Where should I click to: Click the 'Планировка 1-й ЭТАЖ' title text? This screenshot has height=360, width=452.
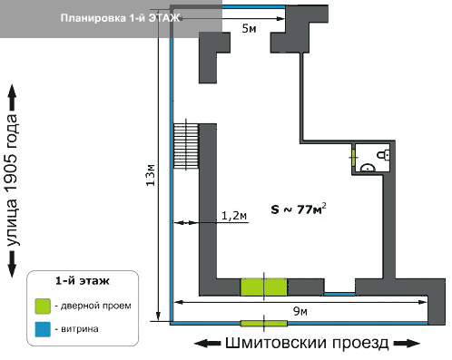coord(120,18)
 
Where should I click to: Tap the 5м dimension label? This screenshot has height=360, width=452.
coord(249,28)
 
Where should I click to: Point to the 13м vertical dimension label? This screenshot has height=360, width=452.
coord(151,175)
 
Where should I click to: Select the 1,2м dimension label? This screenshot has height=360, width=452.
coord(234,216)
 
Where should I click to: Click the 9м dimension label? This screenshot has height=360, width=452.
coord(300,311)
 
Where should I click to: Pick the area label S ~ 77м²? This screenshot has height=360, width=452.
coord(299,209)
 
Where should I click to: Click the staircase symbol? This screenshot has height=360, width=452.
coord(186,146)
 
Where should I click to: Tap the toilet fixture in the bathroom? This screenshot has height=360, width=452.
coord(383,155)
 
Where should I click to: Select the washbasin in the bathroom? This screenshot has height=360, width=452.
coord(368,168)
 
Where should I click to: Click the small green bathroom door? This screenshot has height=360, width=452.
coord(353,157)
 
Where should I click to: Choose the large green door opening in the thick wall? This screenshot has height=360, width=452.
coord(264,287)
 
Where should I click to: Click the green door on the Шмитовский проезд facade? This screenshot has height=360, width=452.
coord(264,324)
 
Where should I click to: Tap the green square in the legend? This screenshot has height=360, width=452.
coord(43,306)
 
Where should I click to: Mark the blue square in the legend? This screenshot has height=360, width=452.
coord(43,329)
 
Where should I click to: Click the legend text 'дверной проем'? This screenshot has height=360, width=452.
coord(96,306)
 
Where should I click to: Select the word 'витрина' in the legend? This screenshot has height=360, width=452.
coord(80,329)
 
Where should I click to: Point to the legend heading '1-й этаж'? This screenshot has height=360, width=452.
coord(83,281)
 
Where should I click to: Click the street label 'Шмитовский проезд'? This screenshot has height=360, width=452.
coord(307,344)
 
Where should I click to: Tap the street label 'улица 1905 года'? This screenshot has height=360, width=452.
coord(12,180)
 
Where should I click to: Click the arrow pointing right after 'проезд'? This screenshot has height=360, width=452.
coord(407,344)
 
